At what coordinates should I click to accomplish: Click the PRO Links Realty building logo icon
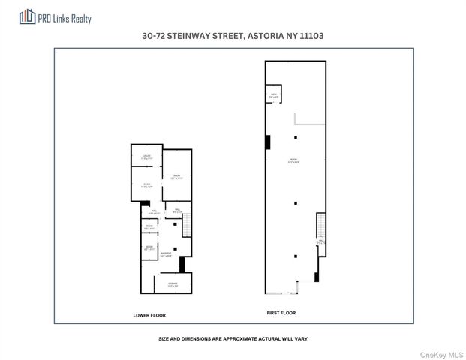click(x=29, y=16)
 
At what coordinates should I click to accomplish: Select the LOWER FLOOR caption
click(x=149, y=315)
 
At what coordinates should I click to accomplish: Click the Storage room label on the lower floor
click(x=173, y=284)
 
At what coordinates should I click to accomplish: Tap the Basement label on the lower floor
click(x=165, y=254)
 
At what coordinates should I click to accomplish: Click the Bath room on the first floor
click(x=274, y=95)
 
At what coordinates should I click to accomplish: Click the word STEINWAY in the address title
click(x=198, y=35)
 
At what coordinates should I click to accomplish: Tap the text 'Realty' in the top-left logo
click(x=80, y=17)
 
